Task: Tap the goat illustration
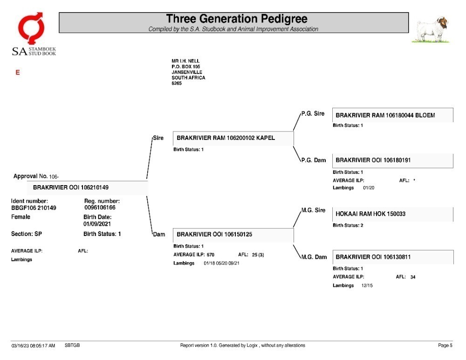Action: pos(431,30)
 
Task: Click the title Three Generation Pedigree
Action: pos(237,19)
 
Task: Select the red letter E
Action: pos(18,73)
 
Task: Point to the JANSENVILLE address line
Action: pos(187,72)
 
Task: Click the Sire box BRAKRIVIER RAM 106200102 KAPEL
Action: pos(233,138)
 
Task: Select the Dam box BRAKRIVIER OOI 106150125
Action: pos(233,235)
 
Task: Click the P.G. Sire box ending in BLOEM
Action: pos(392,115)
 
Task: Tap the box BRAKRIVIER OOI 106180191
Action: pos(392,161)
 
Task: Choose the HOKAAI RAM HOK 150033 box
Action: pos(392,214)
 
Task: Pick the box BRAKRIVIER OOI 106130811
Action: pos(392,257)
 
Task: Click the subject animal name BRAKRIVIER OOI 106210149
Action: pos(71,187)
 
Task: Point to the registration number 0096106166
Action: pos(100,208)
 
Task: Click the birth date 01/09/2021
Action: pos(97,224)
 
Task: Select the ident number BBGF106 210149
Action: pos(34,208)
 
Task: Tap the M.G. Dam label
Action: pos(314,257)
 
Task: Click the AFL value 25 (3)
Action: pos(258,255)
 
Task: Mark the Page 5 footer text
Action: pos(445,346)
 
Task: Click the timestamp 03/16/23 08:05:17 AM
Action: pos(33,346)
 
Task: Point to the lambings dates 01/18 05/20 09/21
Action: pos(221,263)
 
